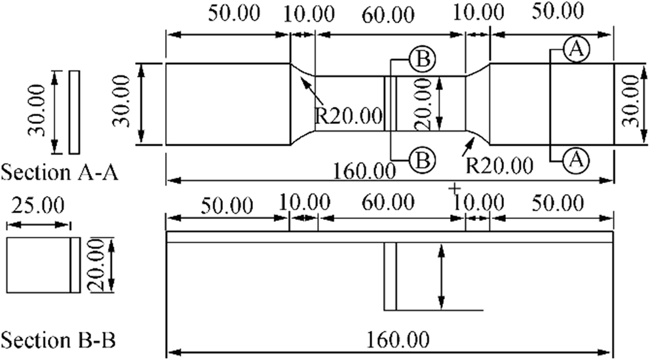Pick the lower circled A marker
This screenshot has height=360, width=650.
[575, 158]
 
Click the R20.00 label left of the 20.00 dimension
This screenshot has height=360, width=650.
[348, 117]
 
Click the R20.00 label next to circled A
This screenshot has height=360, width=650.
[500, 164]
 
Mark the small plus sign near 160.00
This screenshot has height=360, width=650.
[453, 190]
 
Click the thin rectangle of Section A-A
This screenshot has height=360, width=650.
[74, 111]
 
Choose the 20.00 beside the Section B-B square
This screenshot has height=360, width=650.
[96, 265]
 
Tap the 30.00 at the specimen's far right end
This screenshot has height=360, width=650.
[632, 103]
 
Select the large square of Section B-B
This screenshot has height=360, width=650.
[38, 264]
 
